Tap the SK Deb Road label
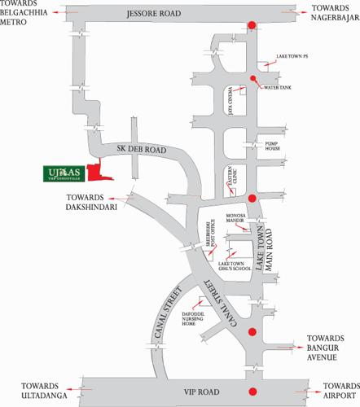pos(142,151)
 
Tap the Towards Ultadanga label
pos(27,388)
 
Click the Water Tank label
pos(277,85)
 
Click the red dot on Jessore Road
pos(252,25)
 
